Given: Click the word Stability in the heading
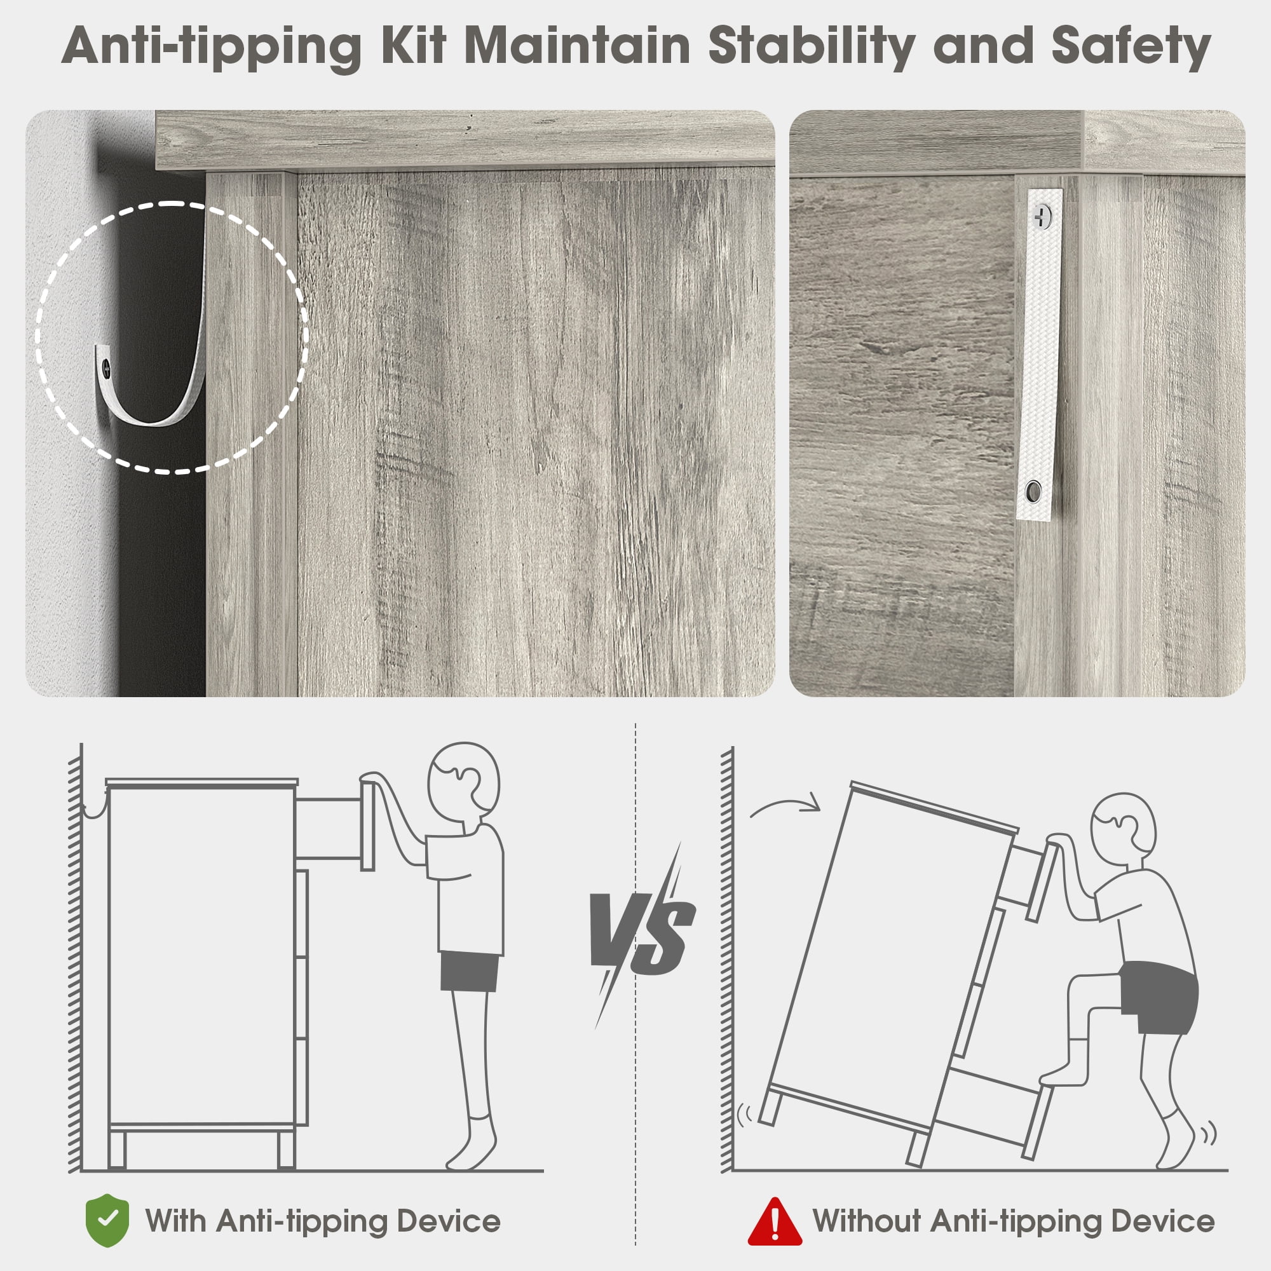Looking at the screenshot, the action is point(811,46).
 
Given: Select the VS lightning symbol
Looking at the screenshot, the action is point(642,935).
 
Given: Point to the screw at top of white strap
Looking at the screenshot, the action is point(1043,217).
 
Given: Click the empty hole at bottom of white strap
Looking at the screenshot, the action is point(1033,491).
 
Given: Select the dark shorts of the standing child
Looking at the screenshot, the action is point(468,970).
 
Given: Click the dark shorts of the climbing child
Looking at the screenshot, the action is point(1159,996).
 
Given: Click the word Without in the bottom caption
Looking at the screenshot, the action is point(866,1220).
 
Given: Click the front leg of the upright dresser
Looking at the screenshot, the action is point(286,1149).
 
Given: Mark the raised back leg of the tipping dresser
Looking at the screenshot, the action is point(769,1107).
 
